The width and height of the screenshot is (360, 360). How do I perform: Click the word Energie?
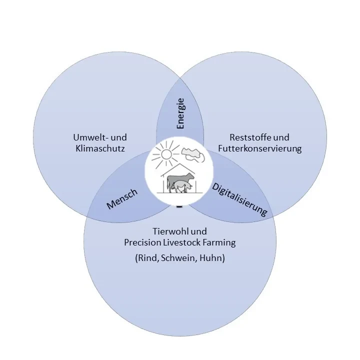pos(180,113)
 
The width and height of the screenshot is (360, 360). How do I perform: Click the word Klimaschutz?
pos(100,148)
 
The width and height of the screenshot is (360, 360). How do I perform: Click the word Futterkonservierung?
pos(259,148)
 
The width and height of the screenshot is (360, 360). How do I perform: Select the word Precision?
pos(142,243)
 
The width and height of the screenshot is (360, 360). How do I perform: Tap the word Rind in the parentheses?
pos(147,258)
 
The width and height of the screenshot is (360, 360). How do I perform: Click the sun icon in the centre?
pos(165,155)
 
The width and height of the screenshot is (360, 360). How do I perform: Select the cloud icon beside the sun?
pos(192,155)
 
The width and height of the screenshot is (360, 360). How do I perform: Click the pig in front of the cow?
pos(178,187)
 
